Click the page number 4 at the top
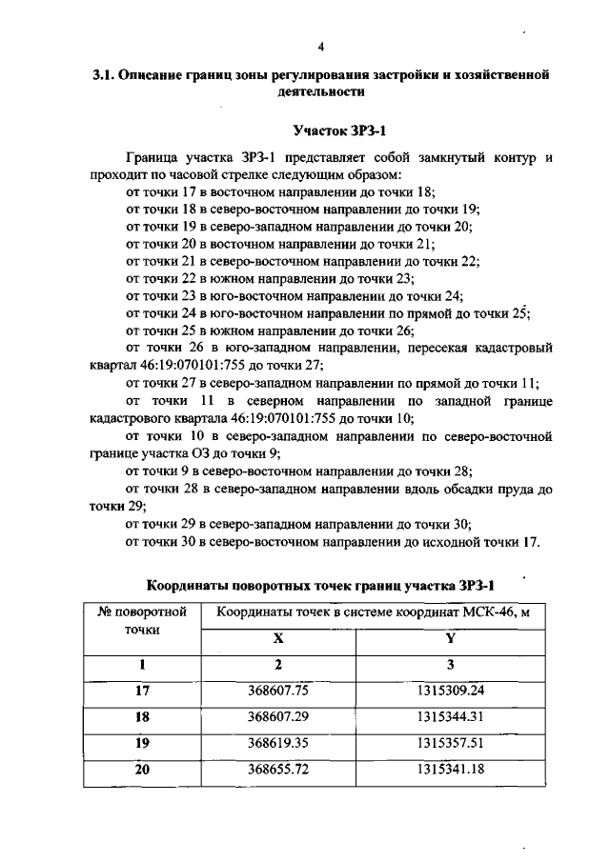(x=321, y=46)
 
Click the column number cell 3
(x=451, y=665)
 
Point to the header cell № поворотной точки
(x=142, y=620)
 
